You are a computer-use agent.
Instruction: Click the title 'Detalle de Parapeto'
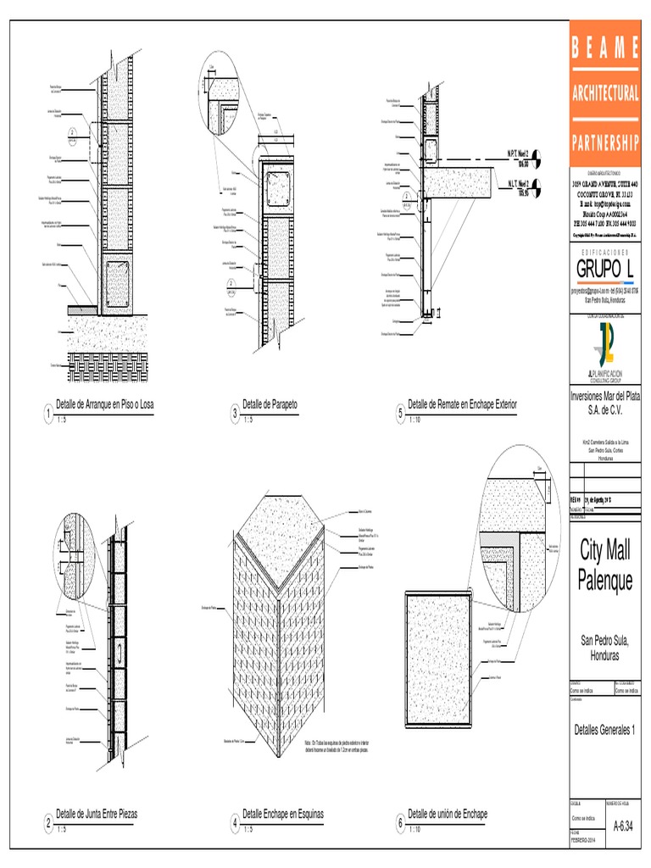[275, 403]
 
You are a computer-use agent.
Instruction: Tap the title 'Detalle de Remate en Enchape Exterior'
[461, 403]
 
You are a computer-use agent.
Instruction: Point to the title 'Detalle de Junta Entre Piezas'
[97, 814]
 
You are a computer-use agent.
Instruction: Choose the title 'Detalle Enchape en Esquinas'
[283, 814]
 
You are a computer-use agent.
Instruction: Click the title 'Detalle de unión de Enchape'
[448, 814]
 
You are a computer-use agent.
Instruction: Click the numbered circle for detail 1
[49, 414]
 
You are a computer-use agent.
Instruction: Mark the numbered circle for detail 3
[235, 414]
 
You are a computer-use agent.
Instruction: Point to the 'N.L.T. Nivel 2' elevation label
[518, 183]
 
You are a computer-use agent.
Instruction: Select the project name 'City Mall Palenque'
[605, 565]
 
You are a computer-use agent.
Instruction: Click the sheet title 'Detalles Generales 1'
[604, 730]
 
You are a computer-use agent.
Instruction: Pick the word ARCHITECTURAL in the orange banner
[605, 92]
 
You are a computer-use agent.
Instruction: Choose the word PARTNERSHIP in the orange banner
[605, 140]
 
